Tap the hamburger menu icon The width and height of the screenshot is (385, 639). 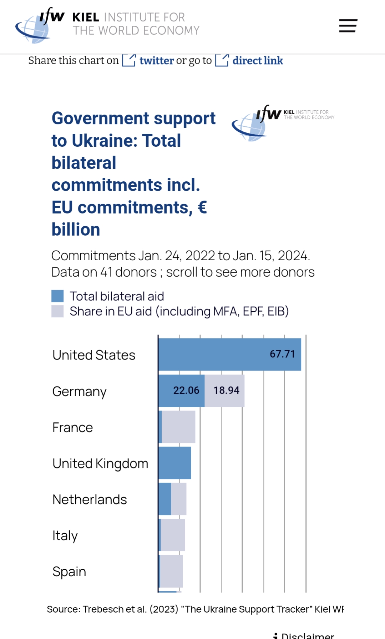tap(348, 26)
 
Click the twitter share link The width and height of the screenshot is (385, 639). tap(156, 61)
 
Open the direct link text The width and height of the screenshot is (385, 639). tap(257, 61)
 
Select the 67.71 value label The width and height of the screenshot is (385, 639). tap(282, 354)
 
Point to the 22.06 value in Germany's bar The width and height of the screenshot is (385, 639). tap(186, 391)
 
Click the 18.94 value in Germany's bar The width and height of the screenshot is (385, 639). tap(226, 391)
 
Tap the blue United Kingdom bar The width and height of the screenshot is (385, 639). tap(174, 463)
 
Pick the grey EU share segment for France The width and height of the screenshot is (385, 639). tap(178, 427)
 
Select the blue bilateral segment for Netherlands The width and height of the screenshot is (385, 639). tap(165, 499)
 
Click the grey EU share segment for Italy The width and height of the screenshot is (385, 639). tap(173, 535)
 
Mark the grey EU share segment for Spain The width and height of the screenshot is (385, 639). tap(171, 571)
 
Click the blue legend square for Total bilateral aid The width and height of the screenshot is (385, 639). tap(57, 296)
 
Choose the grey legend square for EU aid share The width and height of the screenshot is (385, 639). tap(57, 311)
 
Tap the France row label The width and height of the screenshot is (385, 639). tap(72, 427)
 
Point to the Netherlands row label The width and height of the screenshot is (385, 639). tap(90, 499)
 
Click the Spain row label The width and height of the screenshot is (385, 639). tap(69, 572)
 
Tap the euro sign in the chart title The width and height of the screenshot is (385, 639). tap(202, 207)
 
